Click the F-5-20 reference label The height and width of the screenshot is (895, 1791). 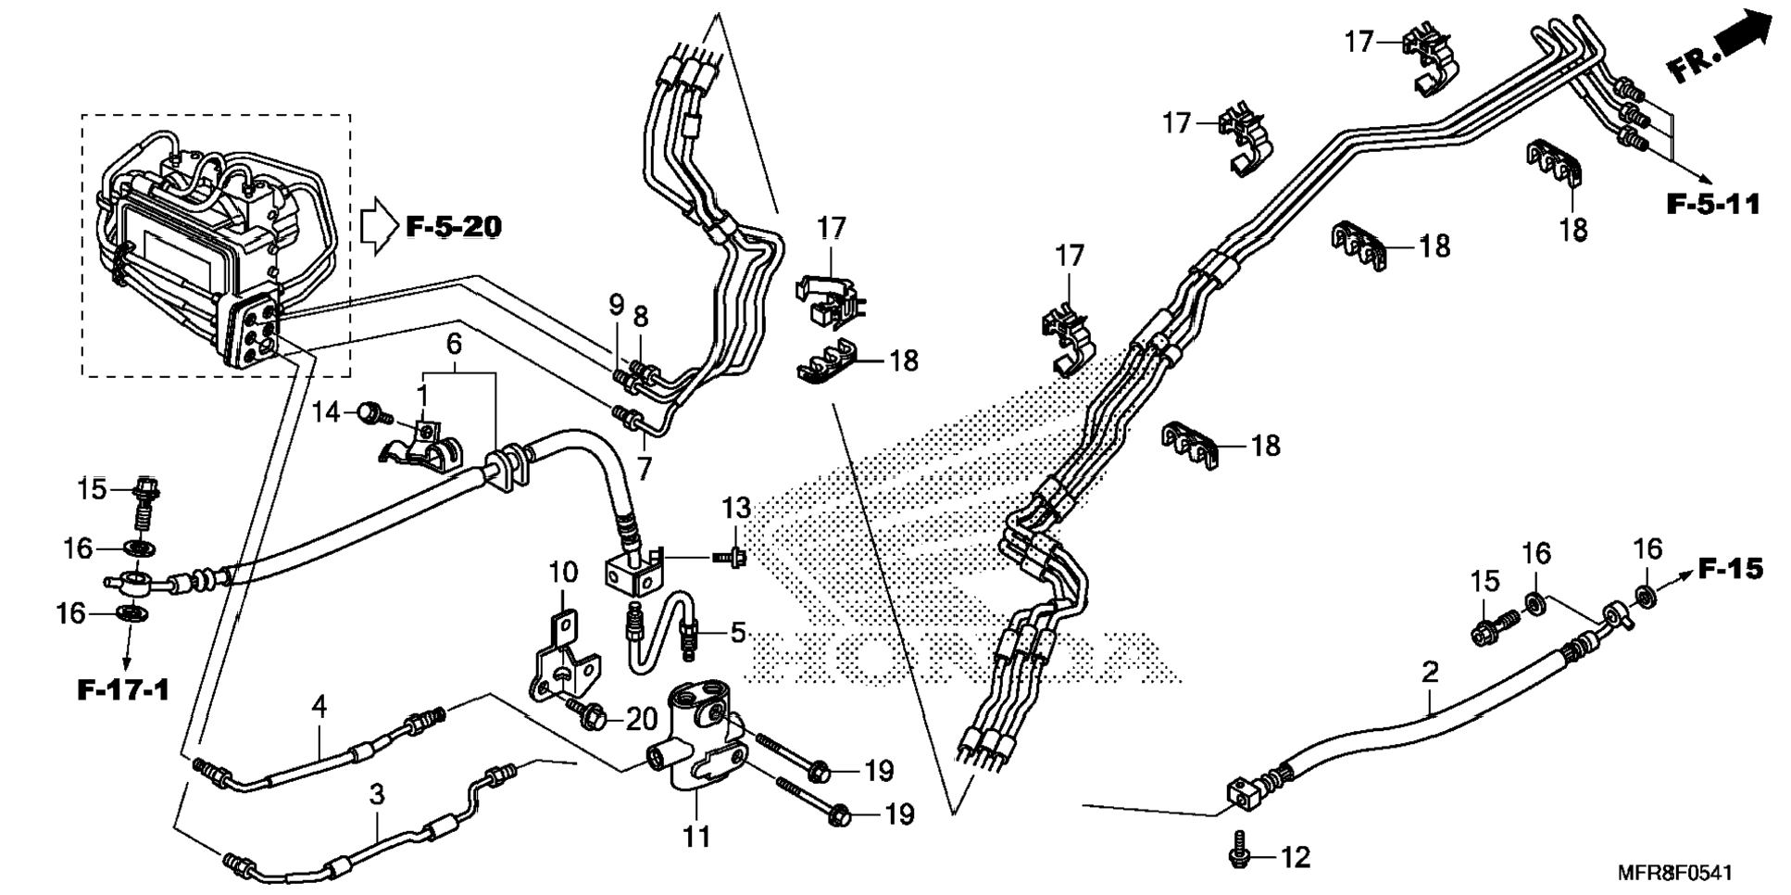click(454, 226)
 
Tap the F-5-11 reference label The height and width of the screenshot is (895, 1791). click(1713, 204)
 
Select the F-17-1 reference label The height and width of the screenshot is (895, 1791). click(123, 690)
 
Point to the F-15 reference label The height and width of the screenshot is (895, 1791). click(1730, 568)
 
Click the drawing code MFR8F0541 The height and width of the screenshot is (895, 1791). click(1674, 873)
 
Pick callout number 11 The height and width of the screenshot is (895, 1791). click(696, 837)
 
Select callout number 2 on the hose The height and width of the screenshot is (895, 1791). click(1430, 672)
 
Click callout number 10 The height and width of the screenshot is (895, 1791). click(563, 573)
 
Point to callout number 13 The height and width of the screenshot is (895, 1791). click(736, 508)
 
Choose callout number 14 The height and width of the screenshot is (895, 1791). click(325, 411)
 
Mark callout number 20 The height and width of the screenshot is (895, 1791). click(642, 718)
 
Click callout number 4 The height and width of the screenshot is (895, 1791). click(319, 707)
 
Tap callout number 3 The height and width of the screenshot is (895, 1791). click(376, 794)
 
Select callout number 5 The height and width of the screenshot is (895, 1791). click(737, 633)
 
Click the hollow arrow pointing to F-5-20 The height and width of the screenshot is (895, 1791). click(377, 225)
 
